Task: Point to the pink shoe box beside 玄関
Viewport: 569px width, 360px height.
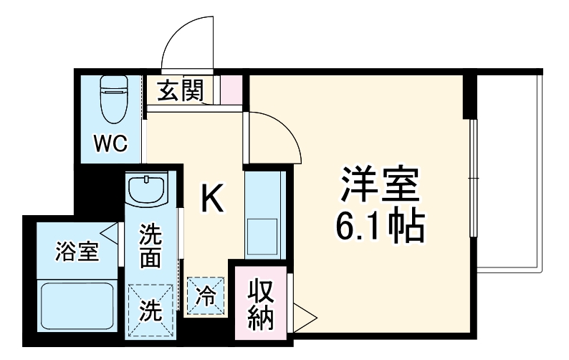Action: tap(231, 89)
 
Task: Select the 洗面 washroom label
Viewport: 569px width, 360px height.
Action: tap(150, 247)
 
